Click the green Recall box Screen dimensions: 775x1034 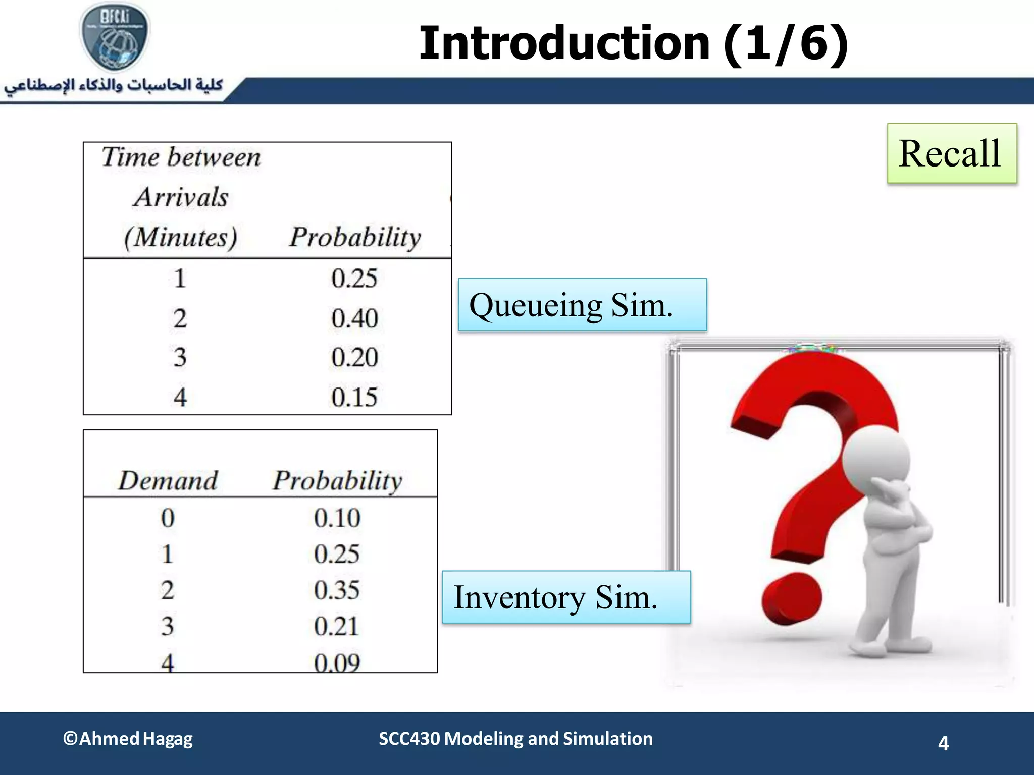pyautogui.click(x=952, y=153)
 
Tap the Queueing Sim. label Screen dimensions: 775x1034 pyautogui.click(x=582, y=305)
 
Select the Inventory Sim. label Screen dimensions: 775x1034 pyautogui.click(x=565, y=597)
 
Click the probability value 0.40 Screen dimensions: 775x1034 pyautogui.click(x=354, y=318)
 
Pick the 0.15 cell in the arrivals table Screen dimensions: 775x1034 pyautogui.click(x=354, y=397)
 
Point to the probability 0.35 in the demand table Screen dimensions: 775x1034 pyautogui.click(x=337, y=590)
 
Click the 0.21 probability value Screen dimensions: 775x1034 pyautogui.click(x=336, y=626)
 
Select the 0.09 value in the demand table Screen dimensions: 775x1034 pyautogui.click(x=337, y=662)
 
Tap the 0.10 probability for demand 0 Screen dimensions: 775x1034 pyautogui.click(x=337, y=518)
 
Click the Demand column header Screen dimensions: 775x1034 pyautogui.click(x=168, y=480)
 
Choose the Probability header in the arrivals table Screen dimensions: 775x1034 pyautogui.click(x=355, y=237)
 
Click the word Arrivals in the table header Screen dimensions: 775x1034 pyautogui.click(x=181, y=197)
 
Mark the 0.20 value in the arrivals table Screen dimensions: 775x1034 pyautogui.click(x=354, y=357)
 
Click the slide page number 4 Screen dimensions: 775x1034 pyautogui.click(x=943, y=743)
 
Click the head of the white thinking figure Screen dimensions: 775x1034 pyautogui.click(x=876, y=459)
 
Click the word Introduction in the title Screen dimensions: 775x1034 pyautogui.click(x=564, y=43)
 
